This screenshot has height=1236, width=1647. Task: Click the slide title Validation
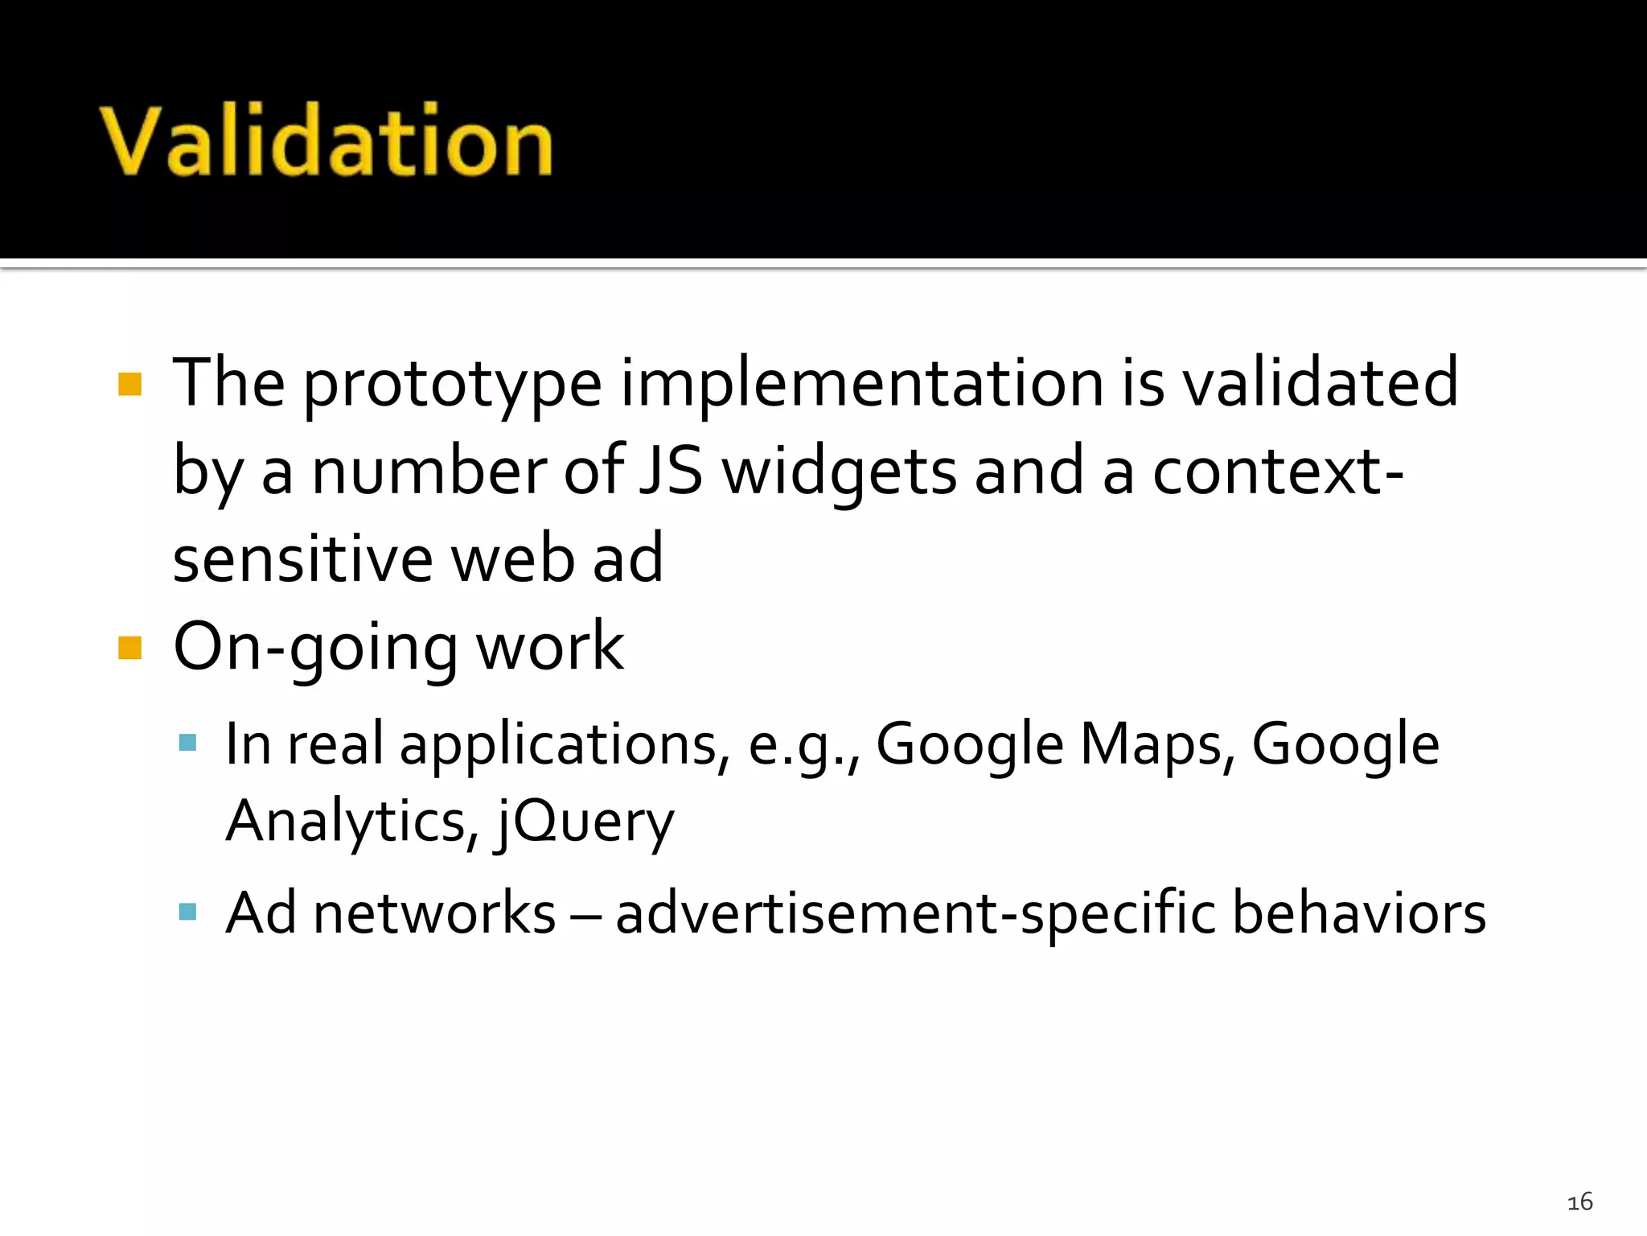point(327,141)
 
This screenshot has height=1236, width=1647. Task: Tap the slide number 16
point(1579,1202)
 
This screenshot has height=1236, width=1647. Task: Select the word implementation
point(861,385)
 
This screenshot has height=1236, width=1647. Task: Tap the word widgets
point(839,473)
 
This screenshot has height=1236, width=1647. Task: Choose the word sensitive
point(303,558)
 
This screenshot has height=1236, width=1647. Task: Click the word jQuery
point(585,822)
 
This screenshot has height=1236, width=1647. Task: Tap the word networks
point(434,913)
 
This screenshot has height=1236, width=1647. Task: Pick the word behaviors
point(1359,913)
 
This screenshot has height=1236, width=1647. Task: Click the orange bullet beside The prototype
point(129,384)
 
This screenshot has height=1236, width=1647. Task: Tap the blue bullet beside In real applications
point(187,742)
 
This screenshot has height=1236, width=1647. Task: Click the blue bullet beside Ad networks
point(187,912)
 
